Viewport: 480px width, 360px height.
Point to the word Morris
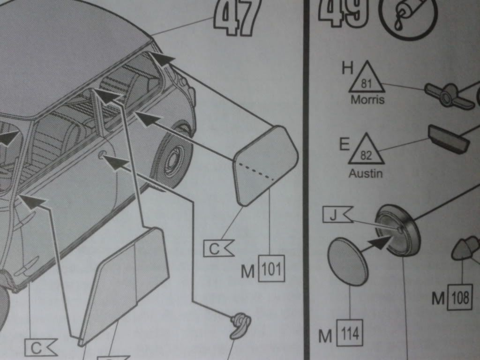[x=367, y=100]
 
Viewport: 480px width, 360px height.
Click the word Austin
[x=366, y=173]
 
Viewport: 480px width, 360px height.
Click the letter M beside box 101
[x=248, y=271]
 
